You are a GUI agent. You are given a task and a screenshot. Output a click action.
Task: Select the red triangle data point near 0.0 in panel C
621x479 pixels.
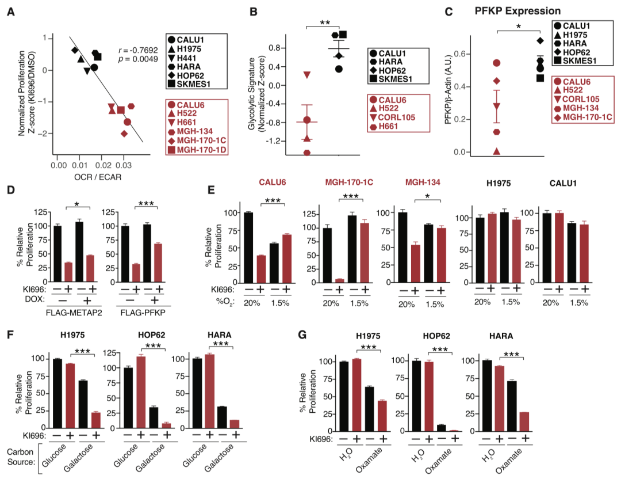click(496, 151)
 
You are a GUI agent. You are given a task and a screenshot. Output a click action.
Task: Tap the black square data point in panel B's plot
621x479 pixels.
click(343, 35)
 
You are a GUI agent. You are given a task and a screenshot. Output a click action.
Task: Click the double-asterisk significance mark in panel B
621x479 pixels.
click(325, 21)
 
